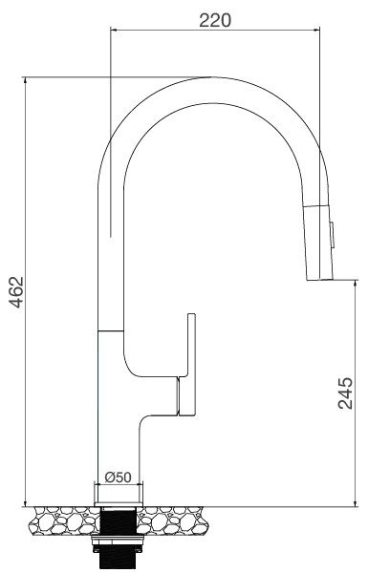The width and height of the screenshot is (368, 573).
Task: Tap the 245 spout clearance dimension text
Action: pyautogui.click(x=347, y=392)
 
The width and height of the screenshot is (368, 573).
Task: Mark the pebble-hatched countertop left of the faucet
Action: pyautogui.click(x=63, y=521)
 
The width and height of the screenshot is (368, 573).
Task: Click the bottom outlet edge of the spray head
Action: pyautogui.click(x=319, y=279)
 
